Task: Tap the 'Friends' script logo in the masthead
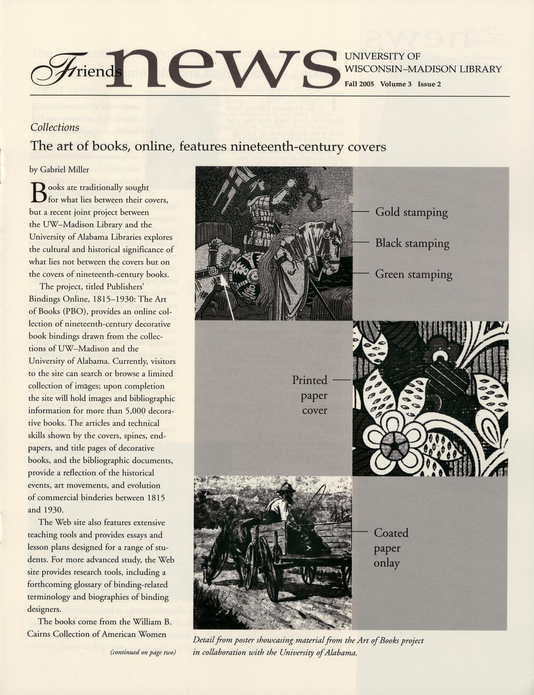pos(76,71)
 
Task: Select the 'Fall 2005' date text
pos(359,84)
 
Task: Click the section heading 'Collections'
pos(55,127)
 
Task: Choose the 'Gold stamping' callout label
pos(411,213)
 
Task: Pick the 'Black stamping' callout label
pos(412,243)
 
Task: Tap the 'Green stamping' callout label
pos(413,274)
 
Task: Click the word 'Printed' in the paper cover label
pos(310,380)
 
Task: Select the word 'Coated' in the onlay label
pos(391,533)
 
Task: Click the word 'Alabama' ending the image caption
pos(340,653)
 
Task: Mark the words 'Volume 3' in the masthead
pos(396,84)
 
